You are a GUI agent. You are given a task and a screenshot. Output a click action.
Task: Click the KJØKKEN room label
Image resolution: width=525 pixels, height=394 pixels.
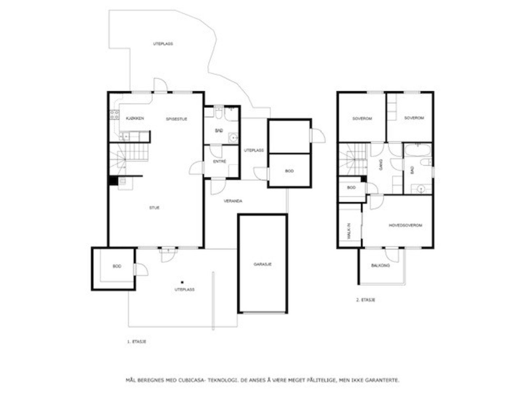135,119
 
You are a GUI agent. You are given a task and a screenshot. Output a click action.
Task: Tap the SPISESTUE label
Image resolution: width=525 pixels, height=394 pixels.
177,119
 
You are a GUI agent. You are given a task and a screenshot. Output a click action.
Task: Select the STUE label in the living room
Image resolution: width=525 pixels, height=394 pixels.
154,208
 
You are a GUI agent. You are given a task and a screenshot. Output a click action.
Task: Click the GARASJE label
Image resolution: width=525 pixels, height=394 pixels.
262,264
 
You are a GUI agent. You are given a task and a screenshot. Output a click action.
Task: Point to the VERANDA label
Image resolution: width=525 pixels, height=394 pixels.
233,201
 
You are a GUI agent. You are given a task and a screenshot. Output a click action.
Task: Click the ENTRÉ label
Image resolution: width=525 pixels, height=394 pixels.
220,162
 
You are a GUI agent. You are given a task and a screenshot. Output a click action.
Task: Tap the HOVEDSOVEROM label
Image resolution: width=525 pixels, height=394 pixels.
405,226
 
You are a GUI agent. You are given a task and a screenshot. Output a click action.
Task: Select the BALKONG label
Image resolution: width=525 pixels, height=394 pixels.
380,265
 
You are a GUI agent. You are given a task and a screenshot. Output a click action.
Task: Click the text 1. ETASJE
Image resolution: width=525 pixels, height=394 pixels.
136,342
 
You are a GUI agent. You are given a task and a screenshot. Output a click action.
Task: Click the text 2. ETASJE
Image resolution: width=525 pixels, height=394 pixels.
366,300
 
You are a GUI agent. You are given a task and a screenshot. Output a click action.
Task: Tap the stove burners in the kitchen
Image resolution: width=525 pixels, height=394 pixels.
114,115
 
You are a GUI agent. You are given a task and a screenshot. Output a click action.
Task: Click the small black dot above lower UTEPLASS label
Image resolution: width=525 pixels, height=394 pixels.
182,282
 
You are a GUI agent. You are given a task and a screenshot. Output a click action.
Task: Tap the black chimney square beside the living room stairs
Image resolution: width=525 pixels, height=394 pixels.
113,181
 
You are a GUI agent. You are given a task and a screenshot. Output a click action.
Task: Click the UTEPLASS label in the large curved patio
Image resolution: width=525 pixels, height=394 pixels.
163,44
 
